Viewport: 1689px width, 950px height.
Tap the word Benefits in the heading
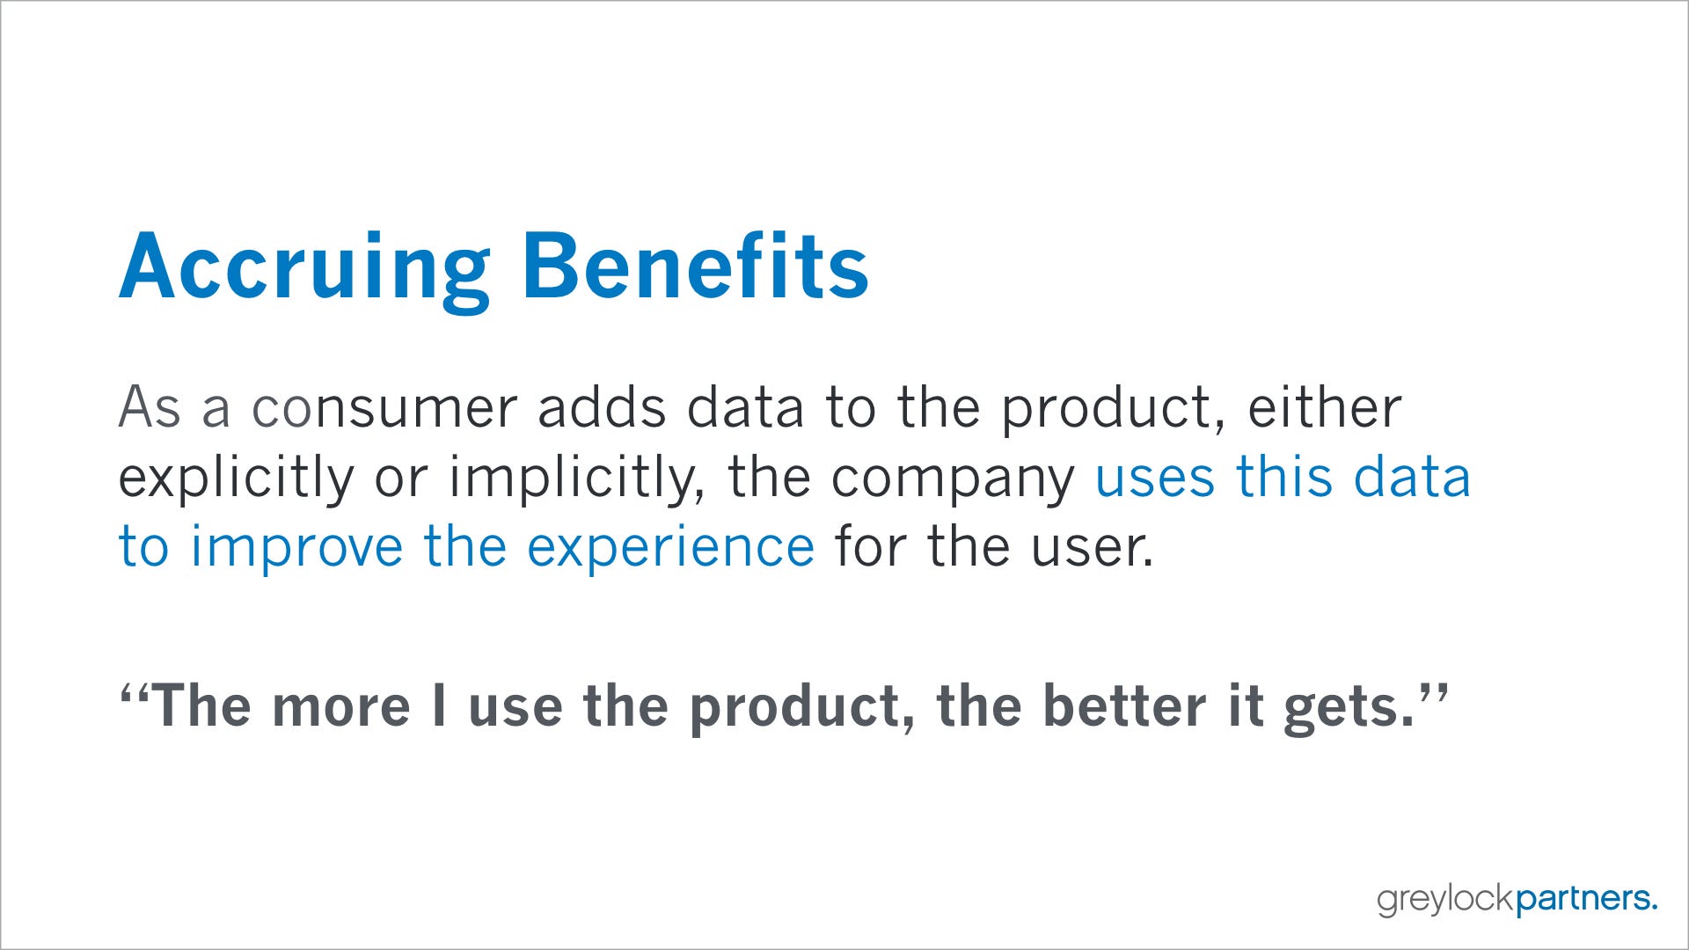click(696, 266)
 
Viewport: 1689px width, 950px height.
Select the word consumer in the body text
click(384, 409)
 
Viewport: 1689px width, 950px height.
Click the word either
click(1325, 406)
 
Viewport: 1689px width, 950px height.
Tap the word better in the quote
click(1123, 705)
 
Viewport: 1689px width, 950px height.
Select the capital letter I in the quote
click(439, 705)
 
